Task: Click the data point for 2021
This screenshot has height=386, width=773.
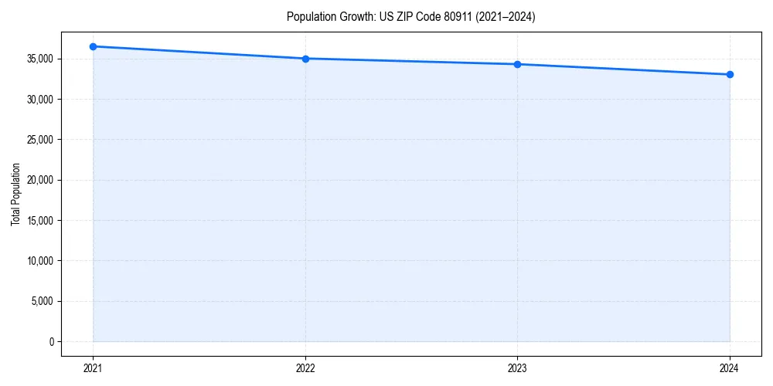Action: pyautogui.click(x=93, y=46)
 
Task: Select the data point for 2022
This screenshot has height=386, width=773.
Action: pyautogui.click(x=305, y=59)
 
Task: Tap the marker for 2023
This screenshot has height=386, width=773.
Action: pyautogui.click(x=517, y=64)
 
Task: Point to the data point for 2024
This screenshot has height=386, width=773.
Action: pyautogui.click(x=730, y=75)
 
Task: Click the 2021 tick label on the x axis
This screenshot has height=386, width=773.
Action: pyautogui.click(x=93, y=367)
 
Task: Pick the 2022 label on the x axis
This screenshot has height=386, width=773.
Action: pyautogui.click(x=305, y=367)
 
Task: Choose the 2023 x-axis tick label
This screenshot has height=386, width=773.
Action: pyautogui.click(x=517, y=367)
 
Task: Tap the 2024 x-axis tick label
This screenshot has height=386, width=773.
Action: pyautogui.click(x=730, y=367)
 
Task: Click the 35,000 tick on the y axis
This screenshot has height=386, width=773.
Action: pyautogui.click(x=39, y=59)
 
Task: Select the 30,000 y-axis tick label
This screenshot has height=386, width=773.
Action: pyautogui.click(x=39, y=100)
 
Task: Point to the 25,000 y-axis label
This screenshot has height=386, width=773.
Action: pyautogui.click(x=39, y=140)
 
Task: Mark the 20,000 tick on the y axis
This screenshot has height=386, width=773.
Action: pyautogui.click(x=39, y=180)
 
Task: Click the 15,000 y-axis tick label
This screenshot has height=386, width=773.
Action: pyautogui.click(x=39, y=221)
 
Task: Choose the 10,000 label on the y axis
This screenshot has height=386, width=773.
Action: pyautogui.click(x=39, y=261)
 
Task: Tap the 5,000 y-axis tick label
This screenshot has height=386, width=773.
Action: pyautogui.click(x=42, y=301)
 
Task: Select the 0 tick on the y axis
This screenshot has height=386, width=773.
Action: pyautogui.click(x=51, y=342)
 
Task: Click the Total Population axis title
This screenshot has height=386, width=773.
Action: pyautogui.click(x=15, y=194)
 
